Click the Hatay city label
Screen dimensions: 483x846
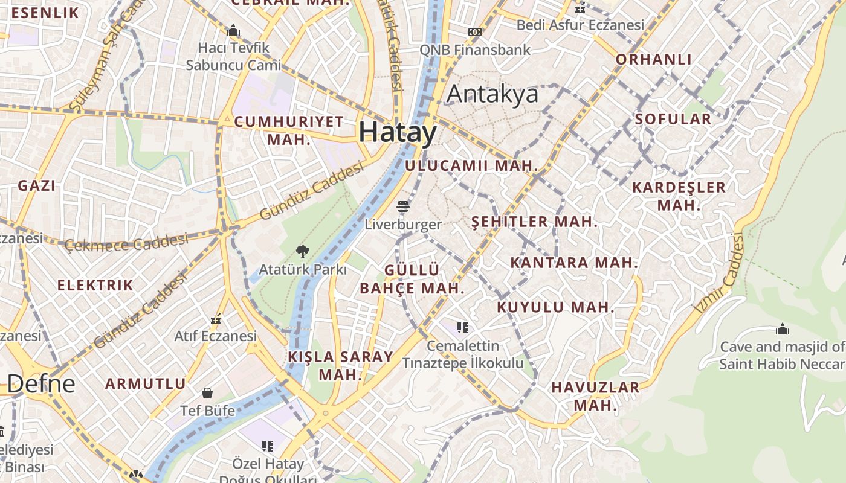point(398,132)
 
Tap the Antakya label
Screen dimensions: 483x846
point(492,94)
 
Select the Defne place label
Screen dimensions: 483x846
point(42,383)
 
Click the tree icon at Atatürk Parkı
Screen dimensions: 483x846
point(302,252)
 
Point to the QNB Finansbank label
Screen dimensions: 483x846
point(475,50)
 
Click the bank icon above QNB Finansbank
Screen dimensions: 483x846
point(475,31)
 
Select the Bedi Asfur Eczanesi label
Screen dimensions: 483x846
point(580,25)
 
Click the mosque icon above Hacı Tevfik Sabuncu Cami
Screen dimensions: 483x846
point(233,30)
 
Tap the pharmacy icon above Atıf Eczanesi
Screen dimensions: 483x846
point(216,319)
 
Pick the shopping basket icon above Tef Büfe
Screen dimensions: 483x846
point(207,393)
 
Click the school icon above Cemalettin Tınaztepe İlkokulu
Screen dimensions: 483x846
point(463,328)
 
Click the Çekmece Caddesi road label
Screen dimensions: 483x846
point(126,243)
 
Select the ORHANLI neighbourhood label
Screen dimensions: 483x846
point(653,59)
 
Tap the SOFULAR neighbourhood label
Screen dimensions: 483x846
point(673,119)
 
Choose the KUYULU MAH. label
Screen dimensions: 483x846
point(555,307)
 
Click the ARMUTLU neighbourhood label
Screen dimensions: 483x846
point(146,383)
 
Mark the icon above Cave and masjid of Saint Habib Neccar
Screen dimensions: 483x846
point(783,329)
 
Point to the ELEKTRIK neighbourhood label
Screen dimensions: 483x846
point(95,285)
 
